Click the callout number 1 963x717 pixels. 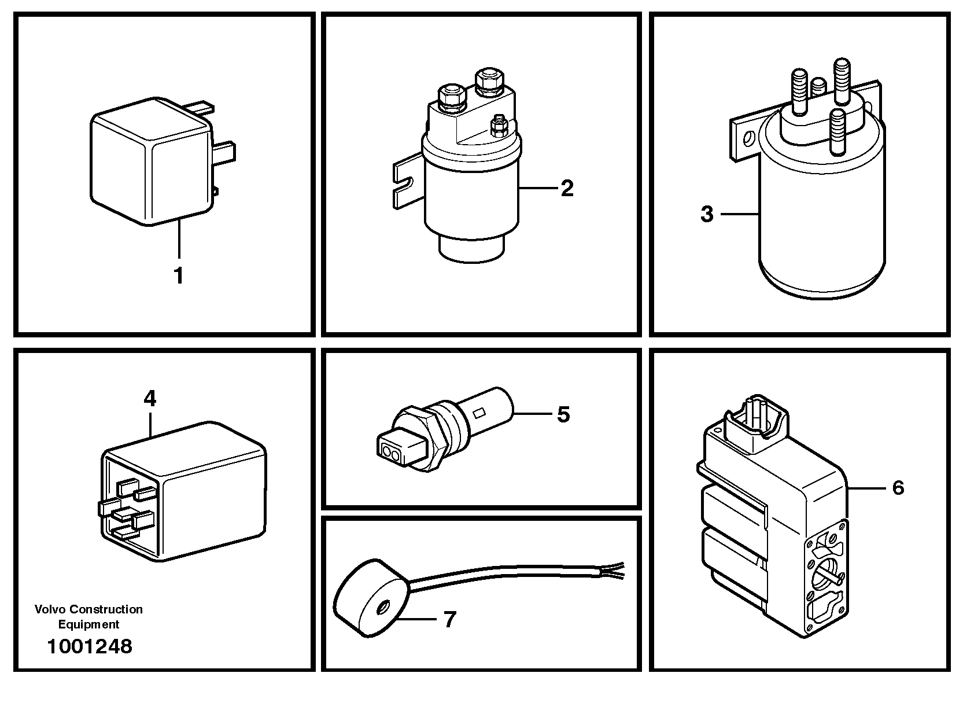coord(179,275)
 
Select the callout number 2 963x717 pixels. coord(567,188)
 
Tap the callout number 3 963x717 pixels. coord(707,215)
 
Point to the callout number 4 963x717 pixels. coord(150,399)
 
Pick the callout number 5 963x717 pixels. coord(563,414)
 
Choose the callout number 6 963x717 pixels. coord(898,488)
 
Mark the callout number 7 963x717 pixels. coord(449,620)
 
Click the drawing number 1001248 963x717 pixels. coord(90,646)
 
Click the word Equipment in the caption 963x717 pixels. coord(88,624)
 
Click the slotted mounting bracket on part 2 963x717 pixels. coord(405,181)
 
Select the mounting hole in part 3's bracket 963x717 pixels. coord(750,139)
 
